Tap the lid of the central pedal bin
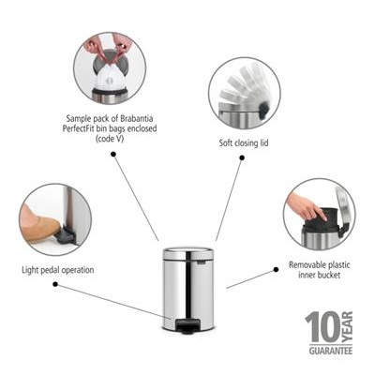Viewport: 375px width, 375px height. [188, 252]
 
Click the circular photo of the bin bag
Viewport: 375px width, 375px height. [110, 67]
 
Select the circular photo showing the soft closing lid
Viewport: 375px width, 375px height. [244, 93]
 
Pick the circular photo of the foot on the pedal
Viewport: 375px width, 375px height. [54, 219]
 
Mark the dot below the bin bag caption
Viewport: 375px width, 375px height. [112, 154]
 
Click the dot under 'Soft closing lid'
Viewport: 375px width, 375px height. [242, 158]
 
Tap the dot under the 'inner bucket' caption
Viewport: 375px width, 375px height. [276, 268]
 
